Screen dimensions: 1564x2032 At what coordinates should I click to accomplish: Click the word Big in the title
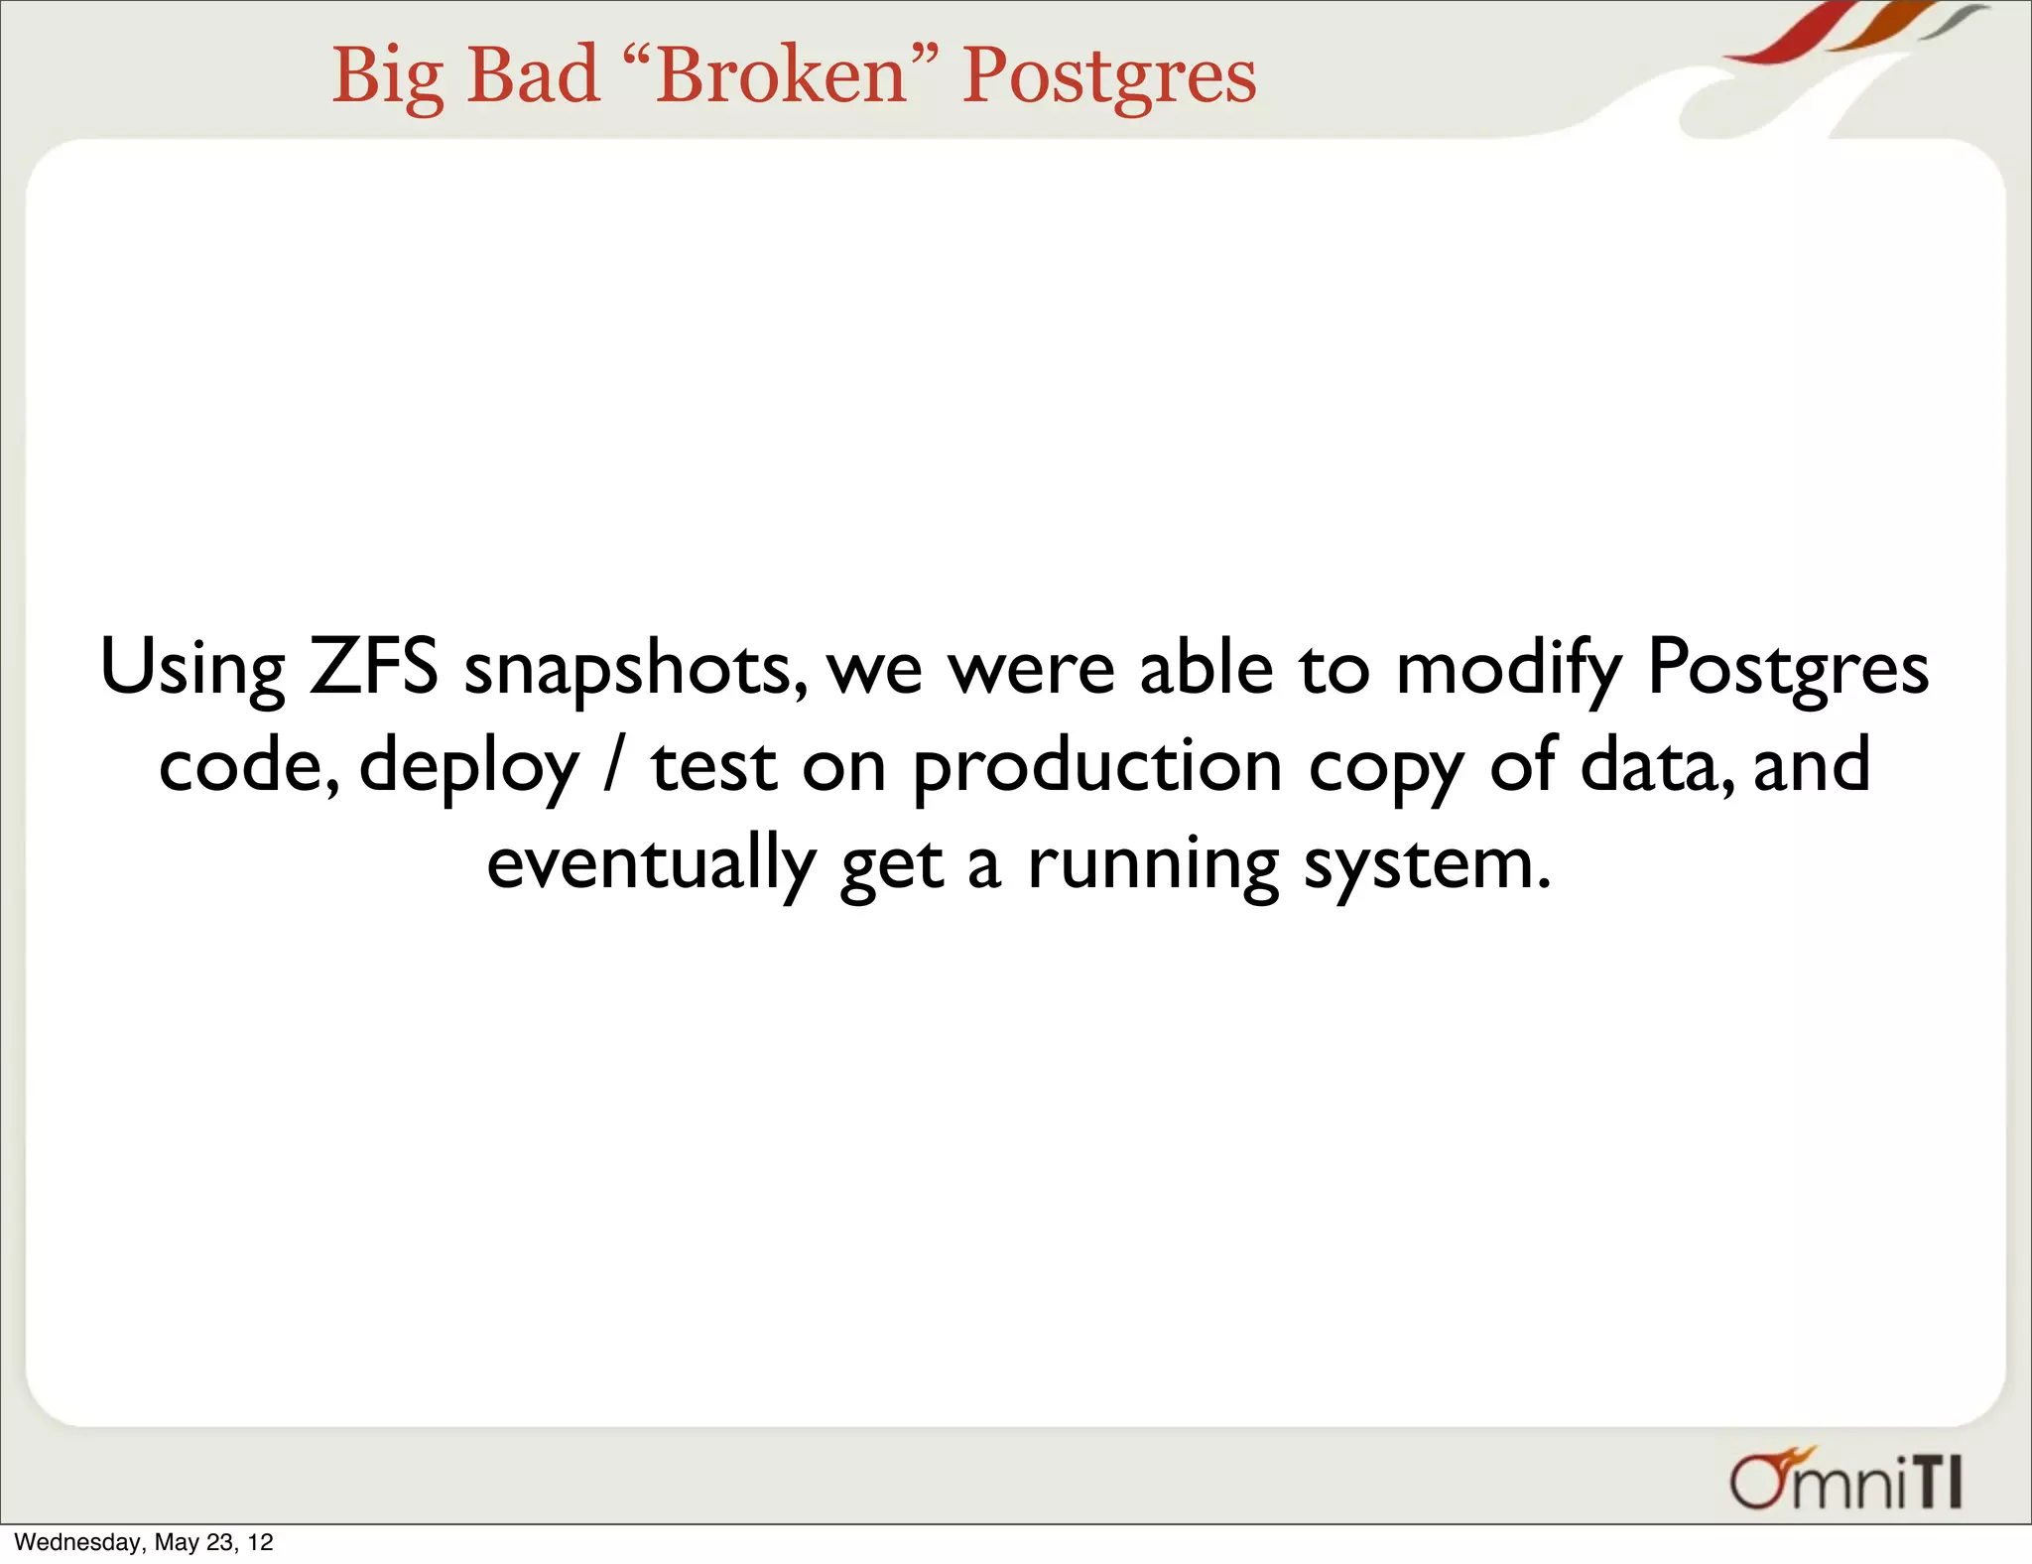click(387, 76)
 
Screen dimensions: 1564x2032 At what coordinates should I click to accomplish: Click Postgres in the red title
click(1108, 76)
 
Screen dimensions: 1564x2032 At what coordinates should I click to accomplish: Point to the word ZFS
click(373, 666)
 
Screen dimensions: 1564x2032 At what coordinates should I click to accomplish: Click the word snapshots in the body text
click(635, 670)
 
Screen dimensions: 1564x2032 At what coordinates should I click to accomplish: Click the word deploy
click(468, 767)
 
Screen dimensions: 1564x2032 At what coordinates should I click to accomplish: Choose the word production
click(1097, 767)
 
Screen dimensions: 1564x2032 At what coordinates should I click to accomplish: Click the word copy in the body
click(1386, 769)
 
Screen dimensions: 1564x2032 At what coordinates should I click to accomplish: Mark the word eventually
click(651, 864)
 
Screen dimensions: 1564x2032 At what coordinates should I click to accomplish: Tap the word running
click(1153, 864)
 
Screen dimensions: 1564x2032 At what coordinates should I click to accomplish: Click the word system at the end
click(1426, 864)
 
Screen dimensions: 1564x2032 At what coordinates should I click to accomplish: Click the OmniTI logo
click(1846, 1480)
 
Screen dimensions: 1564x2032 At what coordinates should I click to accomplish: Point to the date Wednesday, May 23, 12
click(144, 1542)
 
